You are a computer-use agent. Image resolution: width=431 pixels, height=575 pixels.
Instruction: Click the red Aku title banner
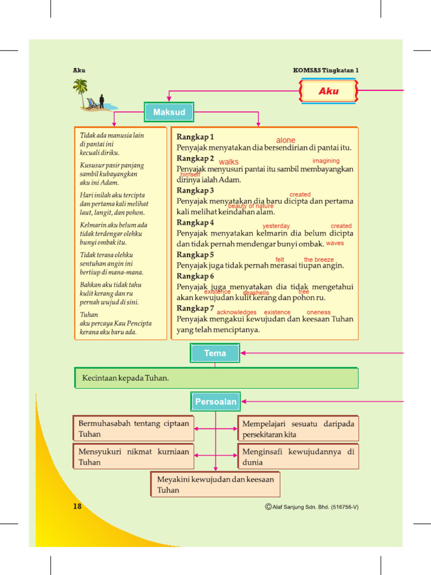click(328, 91)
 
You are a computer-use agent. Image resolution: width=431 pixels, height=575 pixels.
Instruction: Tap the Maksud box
click(169, 112)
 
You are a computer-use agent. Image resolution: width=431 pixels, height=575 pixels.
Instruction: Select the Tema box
click(215, 353)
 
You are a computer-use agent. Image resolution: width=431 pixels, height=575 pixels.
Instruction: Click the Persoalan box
click(215, 402)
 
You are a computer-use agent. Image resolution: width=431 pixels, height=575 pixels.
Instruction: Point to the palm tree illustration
click(80, 89)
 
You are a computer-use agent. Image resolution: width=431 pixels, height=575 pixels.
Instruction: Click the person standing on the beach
click(102, 101)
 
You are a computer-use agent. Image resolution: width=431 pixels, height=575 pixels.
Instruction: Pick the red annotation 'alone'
click(286, 140)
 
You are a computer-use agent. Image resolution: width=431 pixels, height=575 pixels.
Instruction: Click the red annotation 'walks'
click(228, 162)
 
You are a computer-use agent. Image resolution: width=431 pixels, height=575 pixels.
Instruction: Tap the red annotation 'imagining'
click(326, 161)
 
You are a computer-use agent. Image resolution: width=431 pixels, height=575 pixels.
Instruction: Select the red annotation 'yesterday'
click(276, 226)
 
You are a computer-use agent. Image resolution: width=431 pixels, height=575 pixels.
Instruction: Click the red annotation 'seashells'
click(256, 293)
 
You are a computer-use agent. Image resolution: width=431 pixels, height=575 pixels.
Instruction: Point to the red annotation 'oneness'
click(319, 312)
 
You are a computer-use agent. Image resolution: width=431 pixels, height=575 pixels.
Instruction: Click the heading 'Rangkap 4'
click(195, 222)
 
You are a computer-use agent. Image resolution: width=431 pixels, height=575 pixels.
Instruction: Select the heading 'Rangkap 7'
click(195, 308)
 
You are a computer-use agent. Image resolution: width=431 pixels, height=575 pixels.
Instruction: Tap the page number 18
click(77, 506)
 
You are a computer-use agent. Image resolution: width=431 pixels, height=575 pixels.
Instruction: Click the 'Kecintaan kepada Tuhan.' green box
click(216, 378)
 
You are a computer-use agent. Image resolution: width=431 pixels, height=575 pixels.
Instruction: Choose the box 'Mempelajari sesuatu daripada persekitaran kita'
click(298, 429)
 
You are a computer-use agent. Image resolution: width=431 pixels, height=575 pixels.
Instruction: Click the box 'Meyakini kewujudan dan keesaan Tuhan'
click(215, 484)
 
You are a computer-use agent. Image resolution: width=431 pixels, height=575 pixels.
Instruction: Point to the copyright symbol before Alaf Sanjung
click(268, 506)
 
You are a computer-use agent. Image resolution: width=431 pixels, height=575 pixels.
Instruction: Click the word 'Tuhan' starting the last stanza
click(89, 314)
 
